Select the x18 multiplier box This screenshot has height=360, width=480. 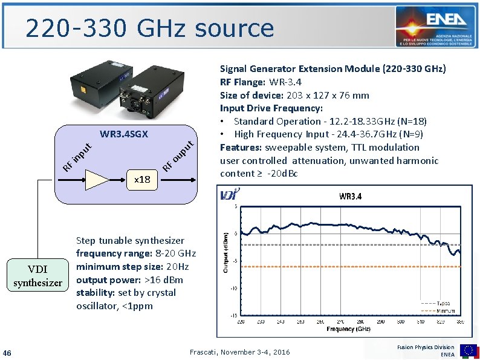click(143, 180)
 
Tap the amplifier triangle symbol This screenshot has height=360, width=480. click(97, 180)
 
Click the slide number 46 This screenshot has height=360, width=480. click(7, 353)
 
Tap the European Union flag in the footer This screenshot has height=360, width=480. click(469, 350)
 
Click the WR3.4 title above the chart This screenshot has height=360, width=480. click(351, 196)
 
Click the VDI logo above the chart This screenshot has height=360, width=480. click(230, 194)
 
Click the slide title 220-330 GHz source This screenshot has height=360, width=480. click(149, 28)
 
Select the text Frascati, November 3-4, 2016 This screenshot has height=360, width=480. click(240, 352)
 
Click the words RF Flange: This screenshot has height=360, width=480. click(242, 82)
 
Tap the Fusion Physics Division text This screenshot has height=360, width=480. click(426, 347)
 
